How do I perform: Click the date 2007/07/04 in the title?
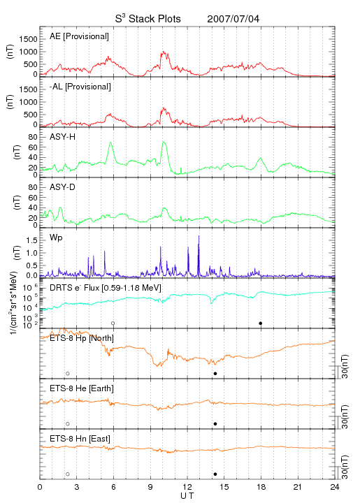[x=233, y=19]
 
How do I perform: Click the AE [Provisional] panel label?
[x=79, y=36]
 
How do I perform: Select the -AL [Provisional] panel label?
[x=80, y=87]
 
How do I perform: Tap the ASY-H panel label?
[x=63, y=137]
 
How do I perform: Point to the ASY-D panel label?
[x=63, y=187]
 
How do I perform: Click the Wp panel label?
[x=56, y=238]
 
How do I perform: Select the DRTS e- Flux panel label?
[x=106, y=288]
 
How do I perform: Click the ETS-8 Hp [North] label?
[x=82, y=338]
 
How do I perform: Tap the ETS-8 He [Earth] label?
[x=82, y=388]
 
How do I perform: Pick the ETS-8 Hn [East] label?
[x=80, y=439]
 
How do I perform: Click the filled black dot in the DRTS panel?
[x=261, y=323]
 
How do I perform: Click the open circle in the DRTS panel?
[x=113, y=323]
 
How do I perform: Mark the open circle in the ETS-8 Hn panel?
[x=68, y=474]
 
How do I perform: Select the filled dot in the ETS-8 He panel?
[x=215, y=424]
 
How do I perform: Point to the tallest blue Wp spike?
[x=199, y=236]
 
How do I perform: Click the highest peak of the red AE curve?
[x=164, y=51]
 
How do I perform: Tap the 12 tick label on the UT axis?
[x=187, y=487]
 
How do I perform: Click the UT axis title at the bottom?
[x=187, y=496]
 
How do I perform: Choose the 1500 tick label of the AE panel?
[x=28, y=39]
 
